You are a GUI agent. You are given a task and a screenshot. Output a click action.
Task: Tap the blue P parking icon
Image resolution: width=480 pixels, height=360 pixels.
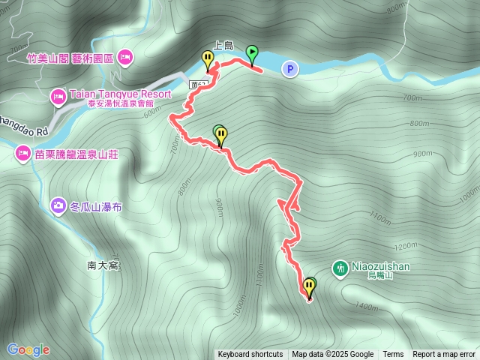[x=289, y=69]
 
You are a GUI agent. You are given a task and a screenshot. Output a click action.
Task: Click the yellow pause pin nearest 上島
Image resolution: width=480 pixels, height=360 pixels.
[x=207, y=57]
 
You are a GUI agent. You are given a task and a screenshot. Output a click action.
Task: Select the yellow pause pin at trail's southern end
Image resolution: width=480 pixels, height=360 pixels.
[x=309, y=285]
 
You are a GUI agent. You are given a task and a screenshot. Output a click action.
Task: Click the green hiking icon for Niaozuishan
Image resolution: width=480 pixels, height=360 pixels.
[x=340, y=267]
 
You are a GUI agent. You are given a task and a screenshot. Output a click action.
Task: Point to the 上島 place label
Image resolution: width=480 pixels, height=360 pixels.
[x=223, y=45]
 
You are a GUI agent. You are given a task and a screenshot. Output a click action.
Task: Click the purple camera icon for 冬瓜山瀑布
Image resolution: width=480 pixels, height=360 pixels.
[x=58, y=205]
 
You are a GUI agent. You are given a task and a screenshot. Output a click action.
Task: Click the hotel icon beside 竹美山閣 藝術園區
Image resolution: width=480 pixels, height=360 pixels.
[x=124, y=55]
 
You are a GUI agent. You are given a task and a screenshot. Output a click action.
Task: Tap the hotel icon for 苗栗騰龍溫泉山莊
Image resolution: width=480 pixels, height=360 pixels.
[x=22, y=154]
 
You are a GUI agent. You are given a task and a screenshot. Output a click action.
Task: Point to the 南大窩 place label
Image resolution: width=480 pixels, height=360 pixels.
[x=103, y=265]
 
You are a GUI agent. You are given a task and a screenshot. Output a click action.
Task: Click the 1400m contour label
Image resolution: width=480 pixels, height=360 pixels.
[x=367, y=307]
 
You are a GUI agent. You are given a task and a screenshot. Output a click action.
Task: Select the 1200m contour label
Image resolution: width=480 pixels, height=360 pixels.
[x=406, y=246]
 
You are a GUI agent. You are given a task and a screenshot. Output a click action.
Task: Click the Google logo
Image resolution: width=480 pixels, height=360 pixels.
[x=28, y=349]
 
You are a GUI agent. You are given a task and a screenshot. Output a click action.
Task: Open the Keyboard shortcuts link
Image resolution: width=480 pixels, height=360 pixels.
[x=250, y=355]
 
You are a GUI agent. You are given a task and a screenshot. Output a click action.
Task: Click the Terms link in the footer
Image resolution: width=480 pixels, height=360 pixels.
[x=393, y=355]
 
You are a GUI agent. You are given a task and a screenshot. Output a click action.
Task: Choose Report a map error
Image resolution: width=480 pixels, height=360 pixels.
[x=445, y=355]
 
